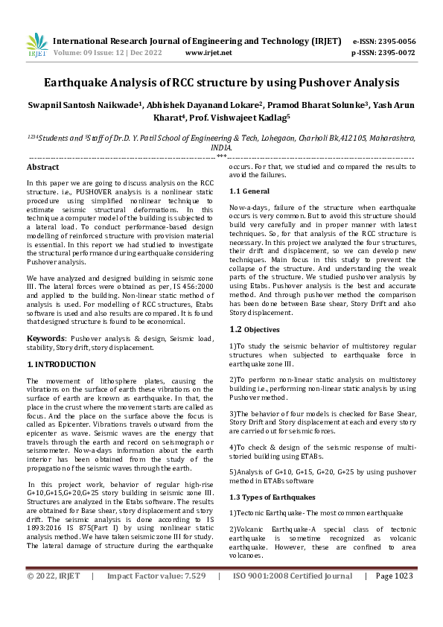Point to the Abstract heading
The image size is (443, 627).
42,168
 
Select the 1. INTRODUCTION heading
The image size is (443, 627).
61,364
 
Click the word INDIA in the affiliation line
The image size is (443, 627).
221,147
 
